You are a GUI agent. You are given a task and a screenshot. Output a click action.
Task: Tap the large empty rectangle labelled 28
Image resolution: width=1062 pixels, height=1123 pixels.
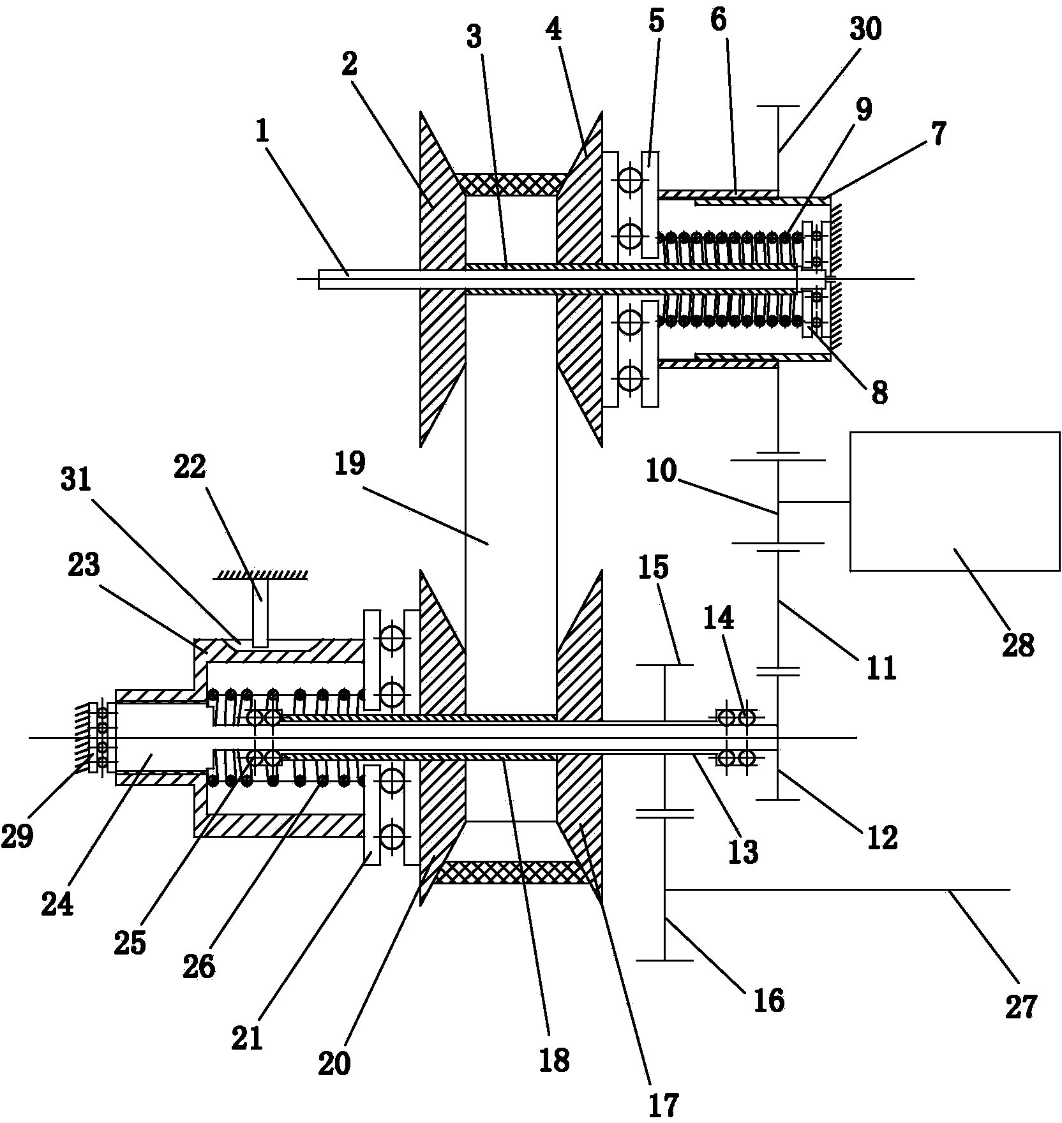[x=954, y=501]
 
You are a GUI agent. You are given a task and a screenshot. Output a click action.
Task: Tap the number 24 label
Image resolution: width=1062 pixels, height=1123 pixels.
[x=57, y=904]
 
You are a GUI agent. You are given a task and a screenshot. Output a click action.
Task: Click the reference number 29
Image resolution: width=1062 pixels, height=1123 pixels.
[x=17, y=837]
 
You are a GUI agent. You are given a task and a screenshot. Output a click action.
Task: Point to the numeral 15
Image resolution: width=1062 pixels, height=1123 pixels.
[x=653, y=566]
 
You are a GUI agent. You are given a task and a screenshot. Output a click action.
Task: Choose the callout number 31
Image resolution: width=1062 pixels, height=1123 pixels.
[x=77, y=480]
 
